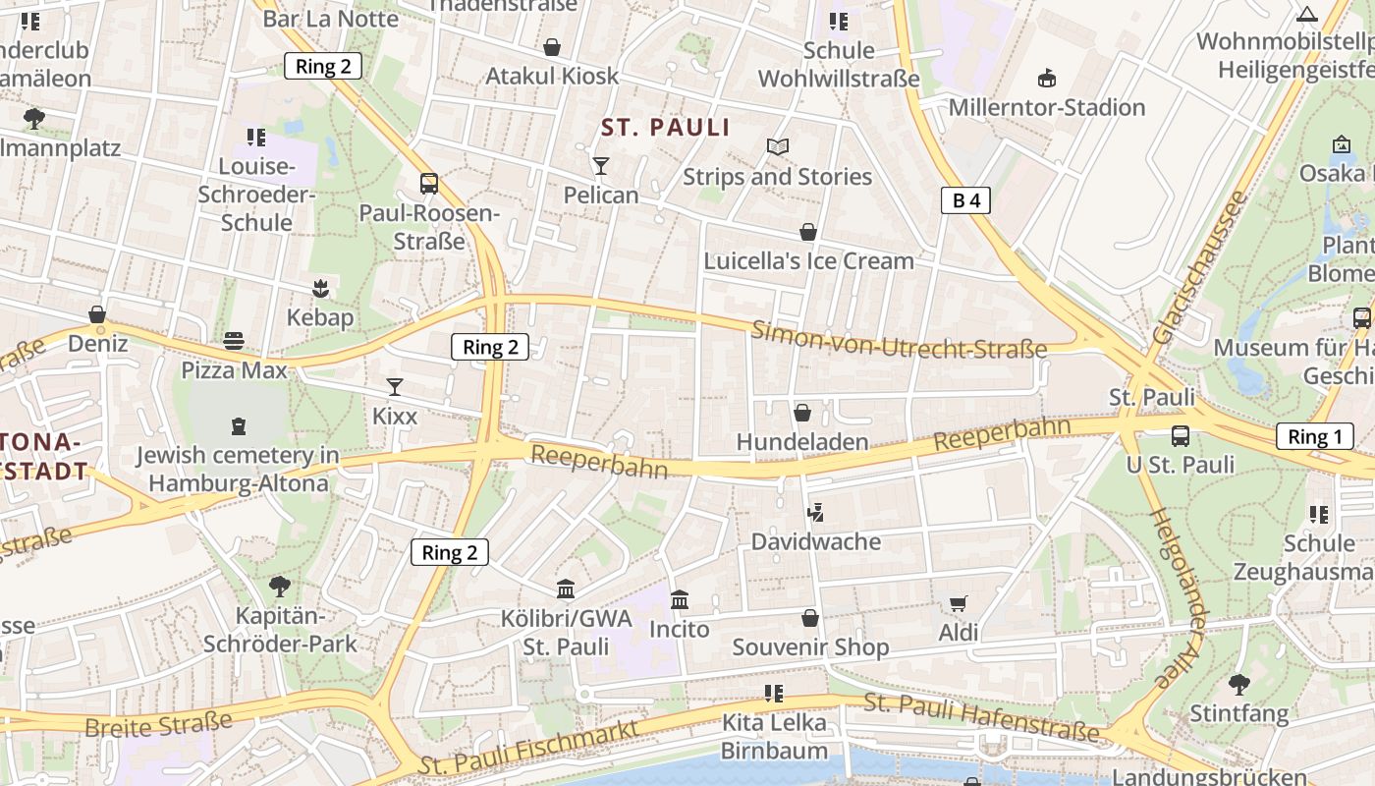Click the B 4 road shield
tap(965, 200)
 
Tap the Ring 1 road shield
tap(1314, 437)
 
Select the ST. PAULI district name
tap(666, 128)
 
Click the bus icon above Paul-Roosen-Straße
tap(429, 184)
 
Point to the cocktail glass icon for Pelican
tap(601, 166)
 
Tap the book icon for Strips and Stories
tap(778, 147)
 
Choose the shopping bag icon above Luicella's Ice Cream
tap(808, 232)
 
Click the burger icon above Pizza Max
tap(234, 341)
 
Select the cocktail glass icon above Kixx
tap(395, 387)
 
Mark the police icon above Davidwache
tap(815, 512)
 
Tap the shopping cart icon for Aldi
tap(959, 604)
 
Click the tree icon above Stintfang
tap(1239, 684)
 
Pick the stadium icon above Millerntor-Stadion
tap(1047, 78)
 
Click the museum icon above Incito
tap(680, 599)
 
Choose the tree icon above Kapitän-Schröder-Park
tap(280, 587)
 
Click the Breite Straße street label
tap(158, 723)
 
